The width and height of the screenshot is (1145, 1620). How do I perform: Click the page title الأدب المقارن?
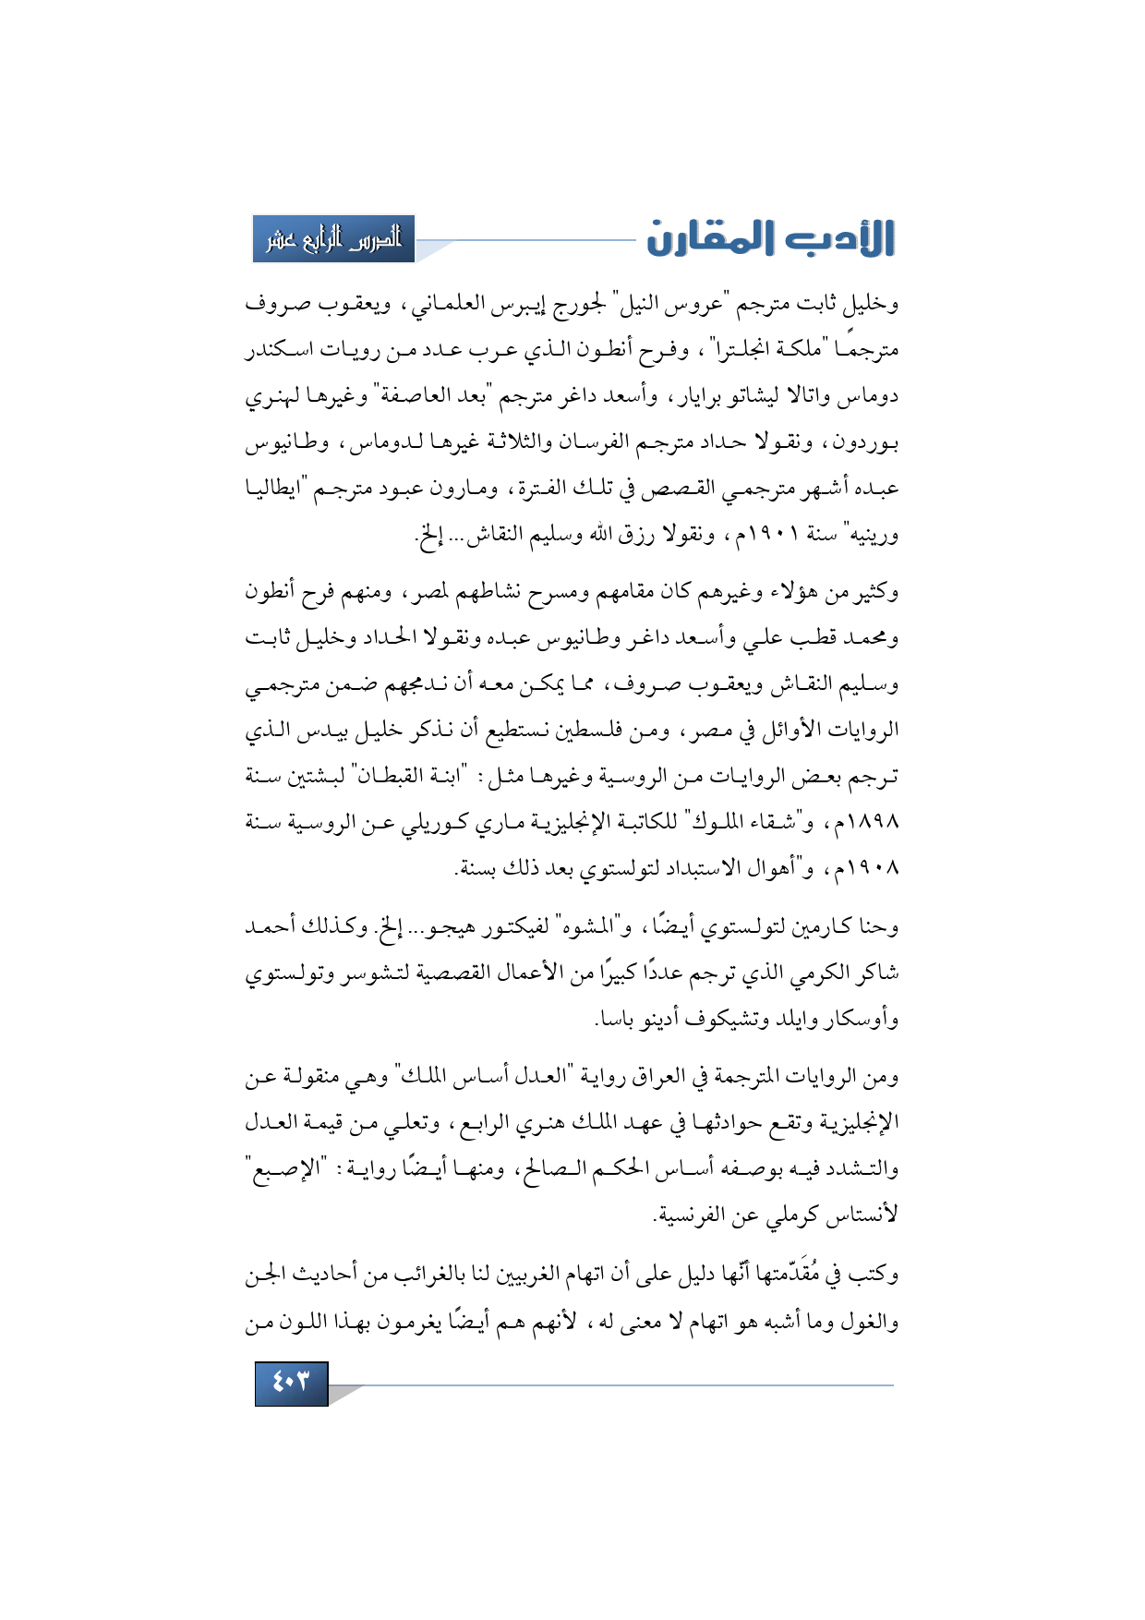(x=770, y=238)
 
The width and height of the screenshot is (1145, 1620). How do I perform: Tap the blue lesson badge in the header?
(x=333, y=239)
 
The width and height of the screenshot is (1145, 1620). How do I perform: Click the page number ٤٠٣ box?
(x=291, y=1383)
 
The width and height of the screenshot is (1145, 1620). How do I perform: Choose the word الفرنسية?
(x=691, y=1215)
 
